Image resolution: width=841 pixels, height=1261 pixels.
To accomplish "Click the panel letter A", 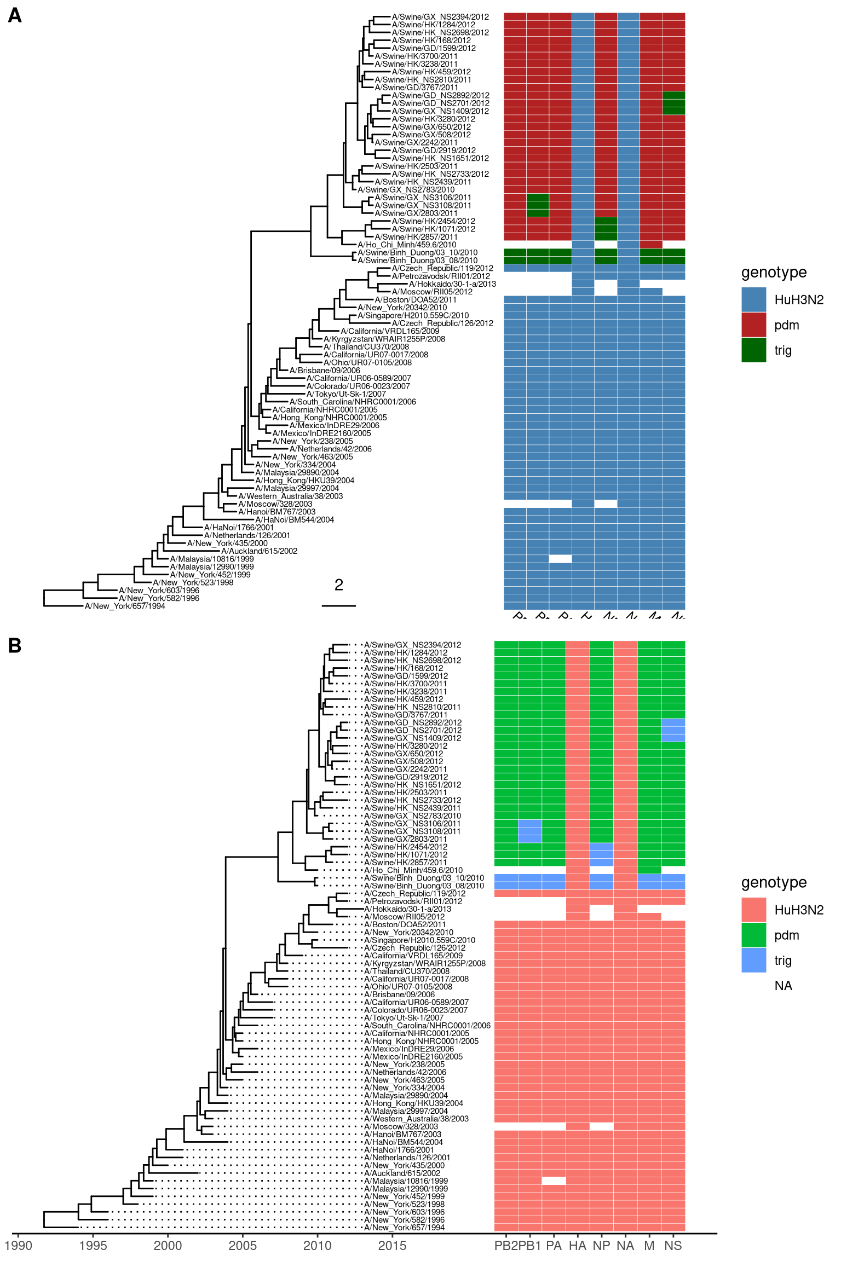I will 15,15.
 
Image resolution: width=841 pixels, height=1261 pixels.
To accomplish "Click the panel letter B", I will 15,646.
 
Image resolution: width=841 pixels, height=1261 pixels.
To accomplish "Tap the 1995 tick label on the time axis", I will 93,1246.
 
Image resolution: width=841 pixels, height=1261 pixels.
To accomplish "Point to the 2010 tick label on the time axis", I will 317,1246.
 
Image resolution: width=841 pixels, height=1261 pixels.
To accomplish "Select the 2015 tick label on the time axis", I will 392,1246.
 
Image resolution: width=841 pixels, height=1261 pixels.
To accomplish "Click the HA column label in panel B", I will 578,1246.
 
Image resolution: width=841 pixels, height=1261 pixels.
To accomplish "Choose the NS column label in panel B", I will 673,1246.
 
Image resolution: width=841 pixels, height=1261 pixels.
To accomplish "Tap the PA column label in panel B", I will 554,1246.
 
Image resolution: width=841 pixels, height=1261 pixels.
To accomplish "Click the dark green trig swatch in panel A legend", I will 753,350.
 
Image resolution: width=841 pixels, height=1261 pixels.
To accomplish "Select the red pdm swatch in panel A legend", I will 753,325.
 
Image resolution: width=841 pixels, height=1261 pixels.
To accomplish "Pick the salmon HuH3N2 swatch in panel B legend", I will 753,910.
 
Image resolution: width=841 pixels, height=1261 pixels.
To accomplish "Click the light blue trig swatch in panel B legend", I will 753,960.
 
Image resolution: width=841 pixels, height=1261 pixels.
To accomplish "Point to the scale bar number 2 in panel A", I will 339,585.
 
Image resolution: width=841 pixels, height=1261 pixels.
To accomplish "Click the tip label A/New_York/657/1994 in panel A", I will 125,606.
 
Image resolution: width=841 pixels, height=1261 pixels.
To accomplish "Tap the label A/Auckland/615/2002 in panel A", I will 259,551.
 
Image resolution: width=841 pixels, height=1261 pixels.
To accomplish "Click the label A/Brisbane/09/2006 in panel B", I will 399,994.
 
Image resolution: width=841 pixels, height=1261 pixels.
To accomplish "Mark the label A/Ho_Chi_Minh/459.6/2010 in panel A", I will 407,245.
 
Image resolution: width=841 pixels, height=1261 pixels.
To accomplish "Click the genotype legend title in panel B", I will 774,882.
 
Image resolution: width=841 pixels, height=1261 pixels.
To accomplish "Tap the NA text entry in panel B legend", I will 783,986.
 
